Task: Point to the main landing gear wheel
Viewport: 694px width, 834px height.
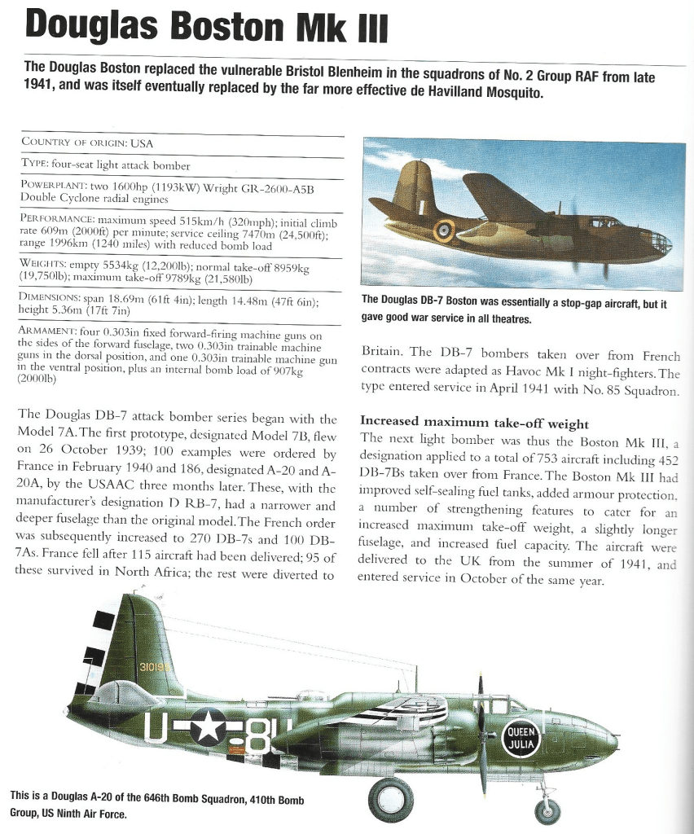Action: tap(390, 798)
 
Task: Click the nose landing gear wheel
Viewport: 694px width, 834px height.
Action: tap(547, 810)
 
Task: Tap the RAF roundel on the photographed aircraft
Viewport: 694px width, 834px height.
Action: tap(443, 231)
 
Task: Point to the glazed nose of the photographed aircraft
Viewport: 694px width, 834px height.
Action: tap(655, 242)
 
